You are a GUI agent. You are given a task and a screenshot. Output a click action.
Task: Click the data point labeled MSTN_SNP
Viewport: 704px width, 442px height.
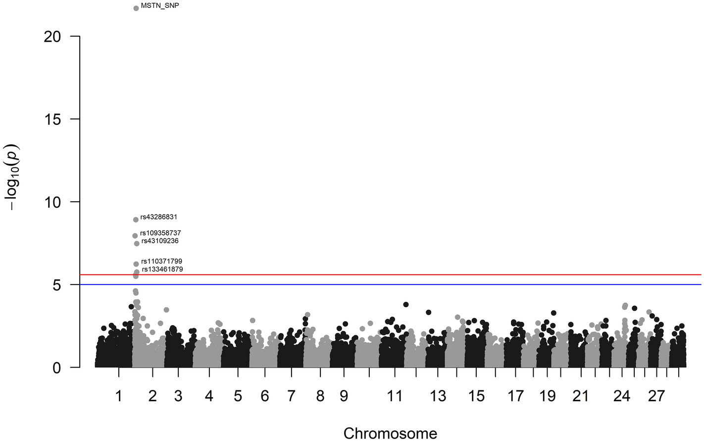[136, 8]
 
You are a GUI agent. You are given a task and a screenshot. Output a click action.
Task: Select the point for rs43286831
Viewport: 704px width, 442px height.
[136, 220]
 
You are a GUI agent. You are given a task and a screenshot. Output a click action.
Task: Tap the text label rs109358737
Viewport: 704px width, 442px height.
[160, 233]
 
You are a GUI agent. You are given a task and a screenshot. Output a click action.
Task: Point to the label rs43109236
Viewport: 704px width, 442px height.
[160, 241]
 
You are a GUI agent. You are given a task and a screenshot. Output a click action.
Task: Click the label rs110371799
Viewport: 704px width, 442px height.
[161, 261]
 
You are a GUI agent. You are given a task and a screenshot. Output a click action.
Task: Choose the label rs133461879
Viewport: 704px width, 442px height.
[162, 270]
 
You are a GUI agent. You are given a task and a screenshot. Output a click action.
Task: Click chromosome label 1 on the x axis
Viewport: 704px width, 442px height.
[118, 396]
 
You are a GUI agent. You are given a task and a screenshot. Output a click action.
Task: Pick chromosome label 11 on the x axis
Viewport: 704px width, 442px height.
[395, 396]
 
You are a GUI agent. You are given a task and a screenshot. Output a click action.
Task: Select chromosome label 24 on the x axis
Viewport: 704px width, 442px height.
[622, 396]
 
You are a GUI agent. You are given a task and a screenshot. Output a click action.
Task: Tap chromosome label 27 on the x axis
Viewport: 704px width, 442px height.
[656, 396]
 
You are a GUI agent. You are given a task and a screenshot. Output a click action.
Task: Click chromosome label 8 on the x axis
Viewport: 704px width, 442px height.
[320, 396]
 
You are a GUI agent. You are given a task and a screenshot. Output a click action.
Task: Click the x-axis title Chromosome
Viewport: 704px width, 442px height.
[390, 434]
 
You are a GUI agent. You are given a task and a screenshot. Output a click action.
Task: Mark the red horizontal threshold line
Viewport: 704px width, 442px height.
[396, 275]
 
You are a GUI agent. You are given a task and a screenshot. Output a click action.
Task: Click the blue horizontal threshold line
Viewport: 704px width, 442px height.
[396, 285]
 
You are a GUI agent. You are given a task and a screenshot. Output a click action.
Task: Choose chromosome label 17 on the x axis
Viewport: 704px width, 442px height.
[515, 396]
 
